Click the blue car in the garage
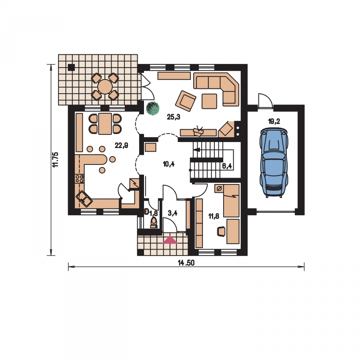[x=274, y=162]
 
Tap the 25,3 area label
[x=174, y=117]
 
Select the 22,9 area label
[x=121, y=145]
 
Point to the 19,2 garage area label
[x=274, y=121]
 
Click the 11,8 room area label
[x=214, y=216]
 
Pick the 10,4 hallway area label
[x=169, y=164]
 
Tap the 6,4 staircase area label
[x=227, y=166]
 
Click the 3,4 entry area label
[x=172, y=213]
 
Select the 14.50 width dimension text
[x=186, y=263]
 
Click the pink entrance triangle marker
[x=170, y=240]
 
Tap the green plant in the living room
[x=153, y=108]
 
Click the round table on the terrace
[x=105, y=87]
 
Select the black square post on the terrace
[x=72, y=67]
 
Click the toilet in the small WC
[x=154, y=222]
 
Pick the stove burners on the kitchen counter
[x=80, y=179]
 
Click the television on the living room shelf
[x=198, y=131]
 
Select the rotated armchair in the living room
[x=186, y=101]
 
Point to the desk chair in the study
[x=221, y=231]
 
